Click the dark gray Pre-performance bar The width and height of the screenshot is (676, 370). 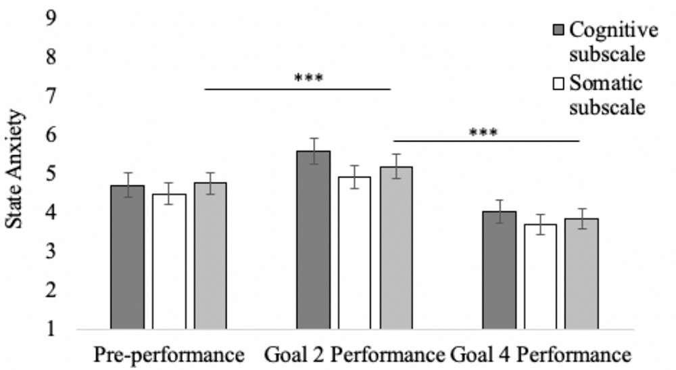point(127,257)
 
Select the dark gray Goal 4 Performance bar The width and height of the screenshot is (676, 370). point(499,270)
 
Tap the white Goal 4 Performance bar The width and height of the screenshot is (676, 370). point(540,277)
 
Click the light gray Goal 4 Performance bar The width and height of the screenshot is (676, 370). point(581,273)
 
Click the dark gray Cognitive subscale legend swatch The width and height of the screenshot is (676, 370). point(558,30)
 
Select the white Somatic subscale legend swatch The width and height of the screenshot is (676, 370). point(558,85)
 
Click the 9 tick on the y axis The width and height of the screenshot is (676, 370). point(50,18)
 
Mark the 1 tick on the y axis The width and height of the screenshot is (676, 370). point(50,330)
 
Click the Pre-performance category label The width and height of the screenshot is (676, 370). point(168,354)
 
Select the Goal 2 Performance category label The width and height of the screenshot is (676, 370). point(354,354)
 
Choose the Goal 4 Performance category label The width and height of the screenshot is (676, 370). point(541,354)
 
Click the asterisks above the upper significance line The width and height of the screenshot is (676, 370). point(309,78)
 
